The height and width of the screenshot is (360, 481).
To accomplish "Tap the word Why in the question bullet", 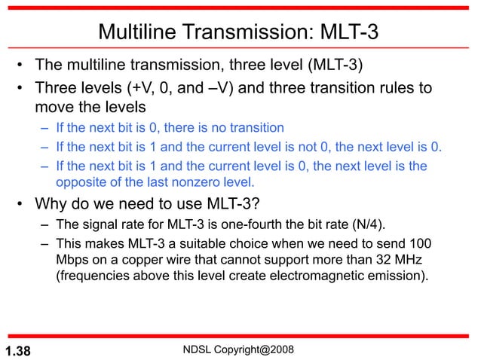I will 47,205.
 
